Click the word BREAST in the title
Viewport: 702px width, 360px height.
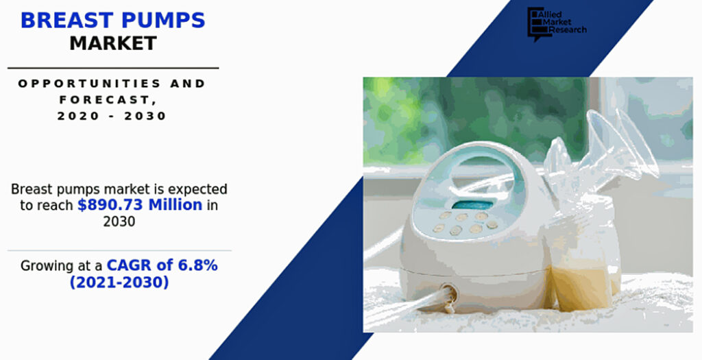point(66,20)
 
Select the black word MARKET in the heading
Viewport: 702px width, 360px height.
point(113,43)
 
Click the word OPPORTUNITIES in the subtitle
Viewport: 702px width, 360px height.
point(90,83)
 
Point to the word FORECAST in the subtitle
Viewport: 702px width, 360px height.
point(105,99)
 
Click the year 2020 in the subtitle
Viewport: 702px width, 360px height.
point(71,116)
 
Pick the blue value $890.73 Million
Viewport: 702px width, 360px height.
point(140,204)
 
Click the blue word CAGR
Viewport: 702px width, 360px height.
point(129,265)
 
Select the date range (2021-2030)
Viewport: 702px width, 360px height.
point(119,283)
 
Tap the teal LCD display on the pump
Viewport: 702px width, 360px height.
point(472,205)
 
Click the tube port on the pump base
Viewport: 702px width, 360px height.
point(449,293)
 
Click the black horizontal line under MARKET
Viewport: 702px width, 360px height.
point(113,68)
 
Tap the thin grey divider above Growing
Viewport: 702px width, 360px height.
point(119,251)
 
